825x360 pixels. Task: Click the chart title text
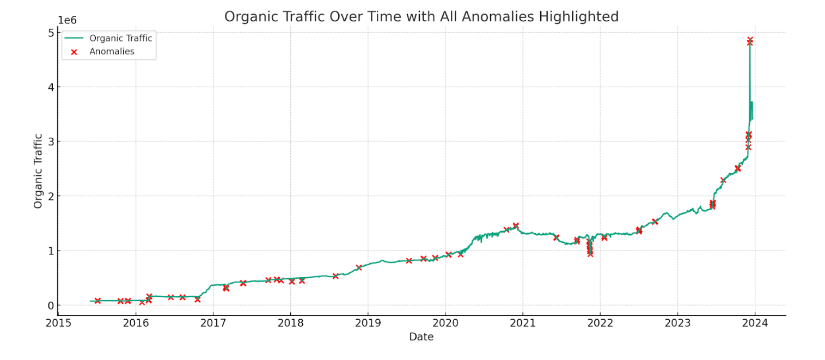(421, 17)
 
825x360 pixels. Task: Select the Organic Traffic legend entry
(120, 38)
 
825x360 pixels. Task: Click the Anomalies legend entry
(112, 52)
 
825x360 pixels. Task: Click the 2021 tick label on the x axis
(523, 322)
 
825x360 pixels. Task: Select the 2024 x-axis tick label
(755, 322)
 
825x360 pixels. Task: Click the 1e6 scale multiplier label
(69, 20)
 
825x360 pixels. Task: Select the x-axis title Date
(421, 337)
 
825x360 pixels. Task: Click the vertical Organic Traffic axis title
(38, 170)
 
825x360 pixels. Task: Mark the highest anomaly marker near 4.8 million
(750, 40)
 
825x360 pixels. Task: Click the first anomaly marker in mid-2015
(97, 301)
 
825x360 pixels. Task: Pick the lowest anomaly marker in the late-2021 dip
(590, 254)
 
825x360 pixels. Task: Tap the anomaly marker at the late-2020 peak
(516, 225)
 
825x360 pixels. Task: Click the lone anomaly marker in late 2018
(359, 267)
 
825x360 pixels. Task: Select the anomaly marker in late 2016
(197, 299)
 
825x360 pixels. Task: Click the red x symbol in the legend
(74, 52)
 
